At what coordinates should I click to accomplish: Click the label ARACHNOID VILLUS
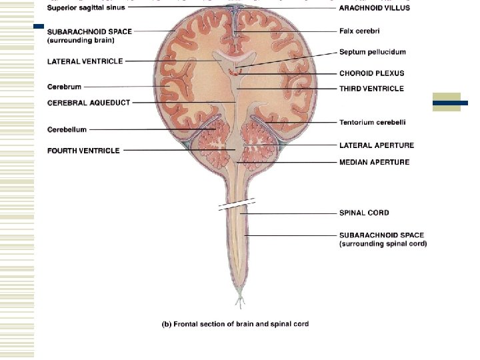(x=375, y=8)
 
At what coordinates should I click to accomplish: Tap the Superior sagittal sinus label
(x=86, y=8)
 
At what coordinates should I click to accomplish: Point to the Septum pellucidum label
(x=372, y=52)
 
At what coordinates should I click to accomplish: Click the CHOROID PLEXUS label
(x=371, y=73)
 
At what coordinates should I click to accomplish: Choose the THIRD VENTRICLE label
(x=371, y=89)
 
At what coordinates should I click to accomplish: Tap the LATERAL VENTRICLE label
(x=84, y=61)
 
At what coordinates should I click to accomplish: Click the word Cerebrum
(x=65, y=87)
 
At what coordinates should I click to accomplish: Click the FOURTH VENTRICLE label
(x=83, y=151)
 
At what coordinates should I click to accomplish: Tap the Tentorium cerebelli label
(x=373, y=123)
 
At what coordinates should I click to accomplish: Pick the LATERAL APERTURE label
(x=376, y=145)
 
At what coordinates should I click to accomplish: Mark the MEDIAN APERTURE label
(x=374, y=162)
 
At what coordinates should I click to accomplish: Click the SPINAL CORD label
(x=364, y=213)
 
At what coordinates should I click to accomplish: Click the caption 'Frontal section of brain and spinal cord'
(x=236, y=324)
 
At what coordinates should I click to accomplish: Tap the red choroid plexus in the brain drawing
(x=233, y=71)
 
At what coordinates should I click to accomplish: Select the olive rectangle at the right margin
(x=447, y=103)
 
